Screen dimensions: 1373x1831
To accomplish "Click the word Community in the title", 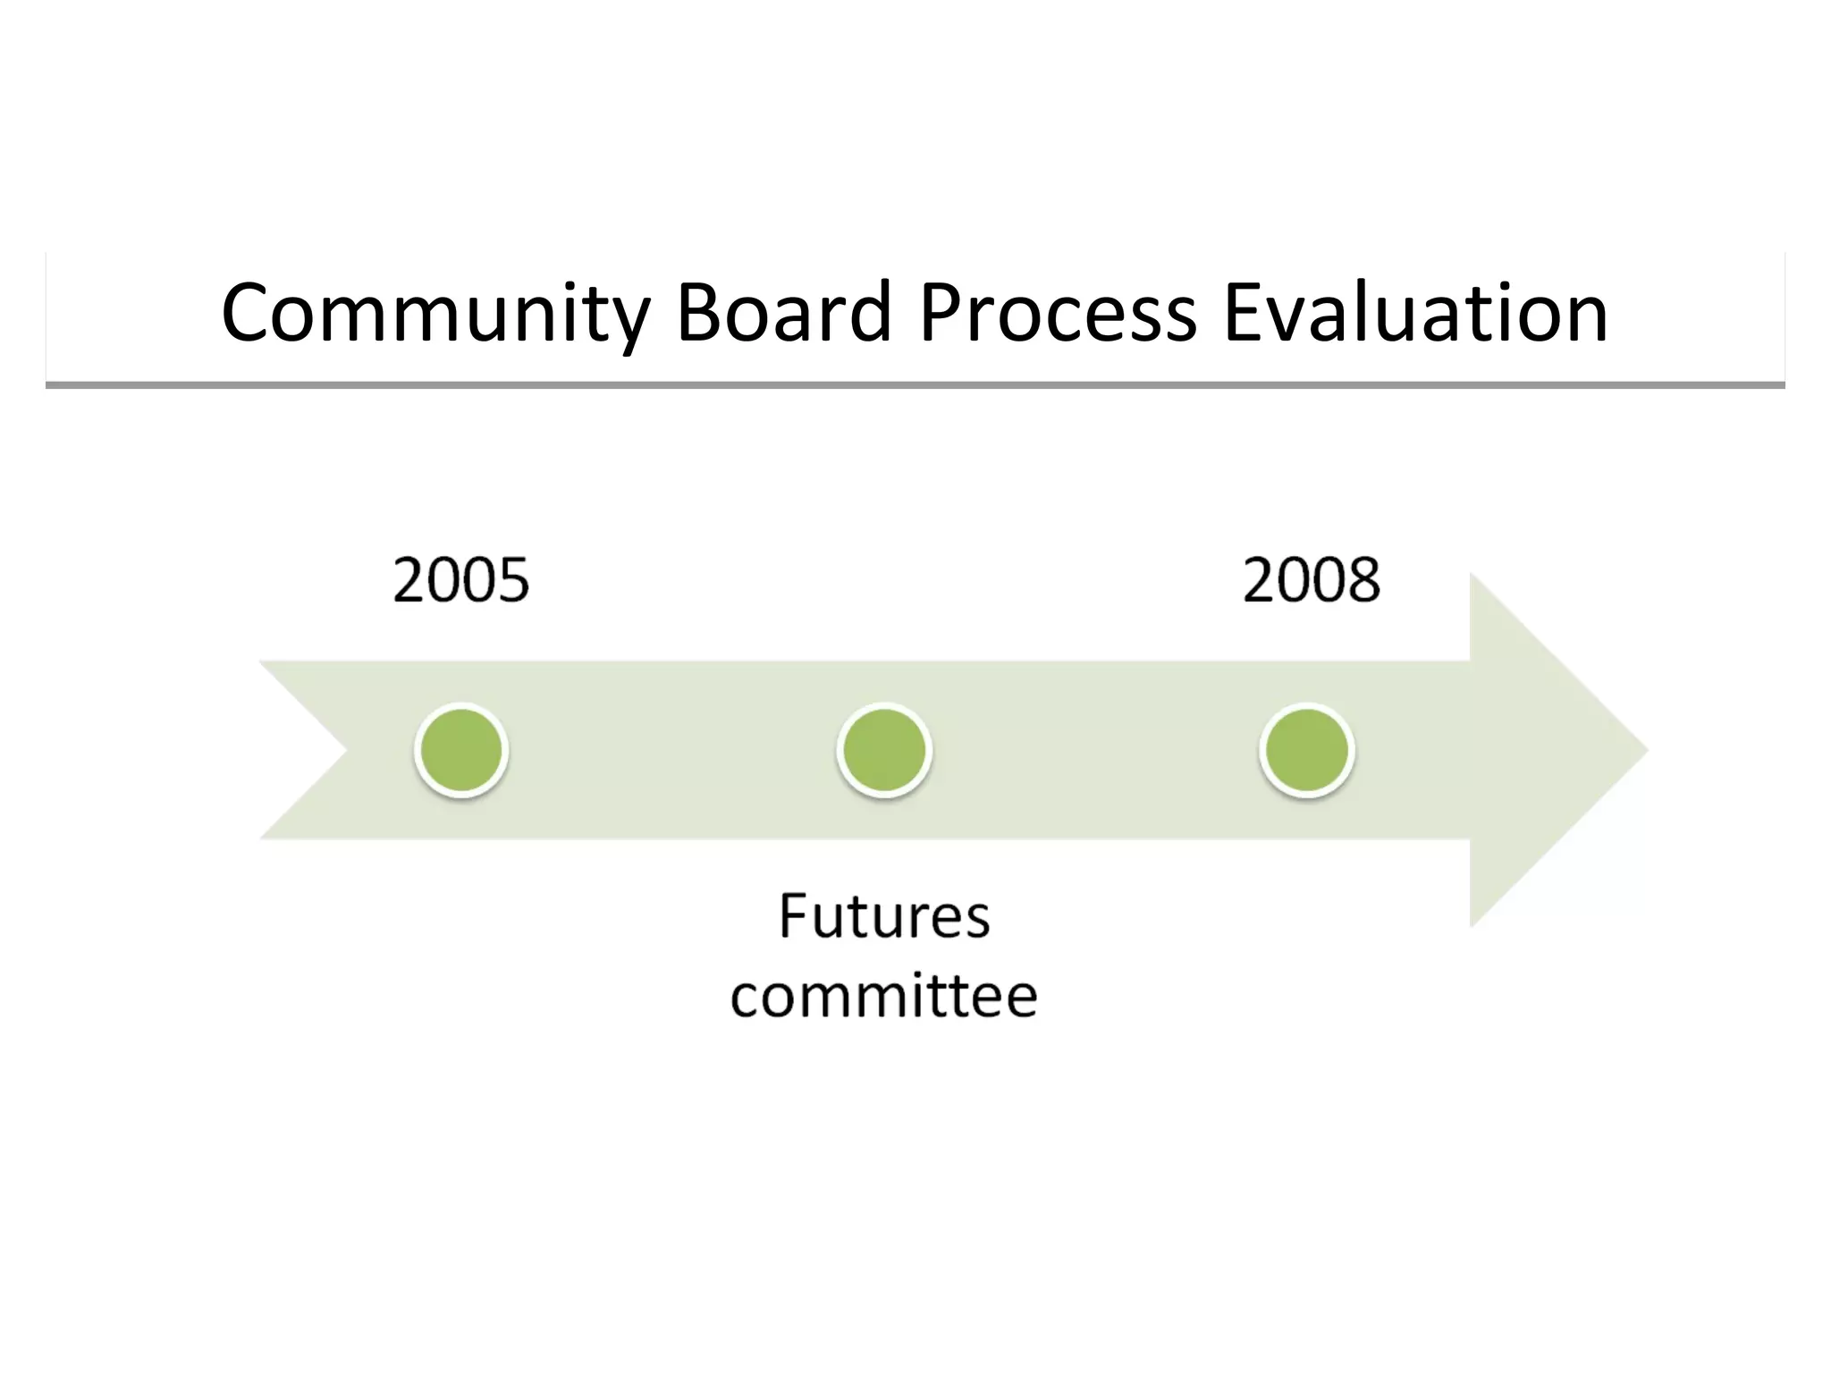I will tap(435, 313).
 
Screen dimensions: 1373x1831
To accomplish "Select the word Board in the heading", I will tap(784, 313).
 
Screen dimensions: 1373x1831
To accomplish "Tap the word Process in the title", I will tap(1057, 313).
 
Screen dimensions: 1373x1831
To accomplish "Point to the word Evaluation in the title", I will tap(1414, 313).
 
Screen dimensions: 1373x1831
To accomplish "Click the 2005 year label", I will tap(461, 580).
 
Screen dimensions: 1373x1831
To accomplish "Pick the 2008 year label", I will tap(1311, 580).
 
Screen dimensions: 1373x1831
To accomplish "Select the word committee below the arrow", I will tap(883, 996).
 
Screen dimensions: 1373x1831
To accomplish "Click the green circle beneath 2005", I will tap(461, 750).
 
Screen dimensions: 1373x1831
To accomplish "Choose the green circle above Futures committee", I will tap(884, 750).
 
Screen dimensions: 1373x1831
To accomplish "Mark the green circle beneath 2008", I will tap(1307, 750).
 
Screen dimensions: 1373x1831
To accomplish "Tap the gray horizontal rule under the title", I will tap(915, 385).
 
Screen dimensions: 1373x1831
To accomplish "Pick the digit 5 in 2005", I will tap(513, 580).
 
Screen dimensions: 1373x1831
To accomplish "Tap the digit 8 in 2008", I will tap(1363, 580).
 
